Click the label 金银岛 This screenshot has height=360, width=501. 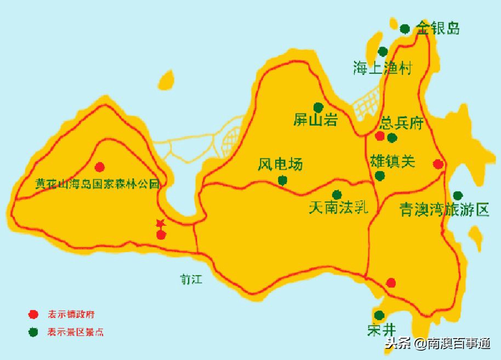[x=438, y=28]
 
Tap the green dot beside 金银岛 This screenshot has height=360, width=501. [x=405, y=28]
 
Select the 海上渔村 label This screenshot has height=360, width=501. [x=383, y=68]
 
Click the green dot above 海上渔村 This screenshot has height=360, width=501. [x=383, y=52]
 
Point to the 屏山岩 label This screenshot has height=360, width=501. [x=315, y=121]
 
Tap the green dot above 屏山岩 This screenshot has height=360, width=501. [x=318, y=107]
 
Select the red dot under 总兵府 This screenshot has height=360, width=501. [x=380, y=136]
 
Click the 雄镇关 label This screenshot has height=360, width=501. [x=393, y=162]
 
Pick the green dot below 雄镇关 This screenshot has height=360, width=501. [x=379, y=176]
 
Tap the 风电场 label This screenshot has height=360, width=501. [x=280, y=164]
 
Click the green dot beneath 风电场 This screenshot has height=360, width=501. [x=282, y=180]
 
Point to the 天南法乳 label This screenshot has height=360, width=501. [x=339, y=208]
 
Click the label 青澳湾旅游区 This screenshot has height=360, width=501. [x=444, y=210]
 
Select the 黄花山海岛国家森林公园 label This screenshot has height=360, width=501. [x=98, y=184]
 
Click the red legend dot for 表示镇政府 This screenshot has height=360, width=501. [x=33, y=315]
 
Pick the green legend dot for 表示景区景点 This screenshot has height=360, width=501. [x=33, y=332]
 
